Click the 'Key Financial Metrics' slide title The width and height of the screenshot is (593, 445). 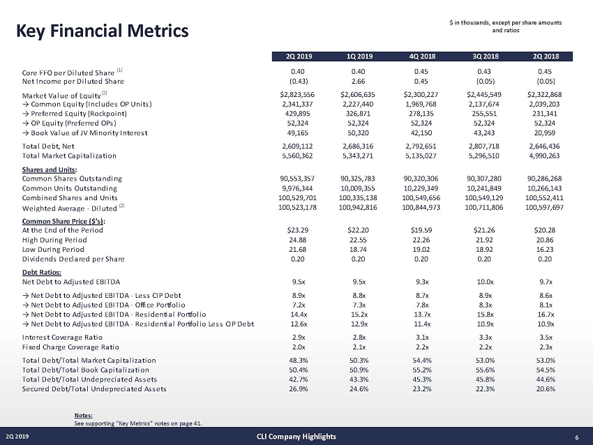pyautogui.click(x=103, y=31)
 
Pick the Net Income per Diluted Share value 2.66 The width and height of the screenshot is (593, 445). pyautogui.click(x=359, y=82)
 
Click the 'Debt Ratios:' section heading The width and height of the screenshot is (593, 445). pyautogui.click(x=43, y=272)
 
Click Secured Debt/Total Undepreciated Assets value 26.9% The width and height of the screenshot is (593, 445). pyautogui.click(x=299, y=388)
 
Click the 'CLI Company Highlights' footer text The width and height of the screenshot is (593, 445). pyautogui.click(x=296, y=437)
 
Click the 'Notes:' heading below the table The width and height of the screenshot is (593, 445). pyautogui.click(x=83, y=416)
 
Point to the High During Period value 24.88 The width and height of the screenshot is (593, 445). pyautogui.click(x=299, y=239)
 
